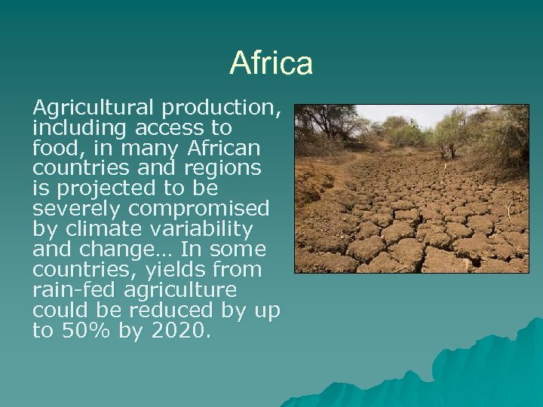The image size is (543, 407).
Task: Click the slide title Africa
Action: coord(271,63)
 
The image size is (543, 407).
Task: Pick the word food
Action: coord(56,148)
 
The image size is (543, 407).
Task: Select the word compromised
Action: coord(199,209)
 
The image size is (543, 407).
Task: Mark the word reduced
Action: coord(170,311)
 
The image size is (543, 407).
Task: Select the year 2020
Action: coord(178,331)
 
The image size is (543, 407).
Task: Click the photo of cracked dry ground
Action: coord(411,188)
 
